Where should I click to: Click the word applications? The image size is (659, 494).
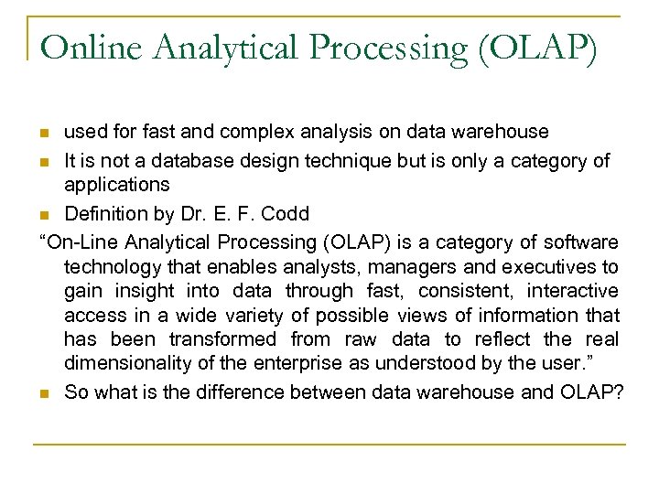click(116, 185)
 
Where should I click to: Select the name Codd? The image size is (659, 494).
click(286, 214)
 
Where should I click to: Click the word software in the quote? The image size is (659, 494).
click(583, 242)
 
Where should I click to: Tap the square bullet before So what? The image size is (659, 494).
click(45, 394)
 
